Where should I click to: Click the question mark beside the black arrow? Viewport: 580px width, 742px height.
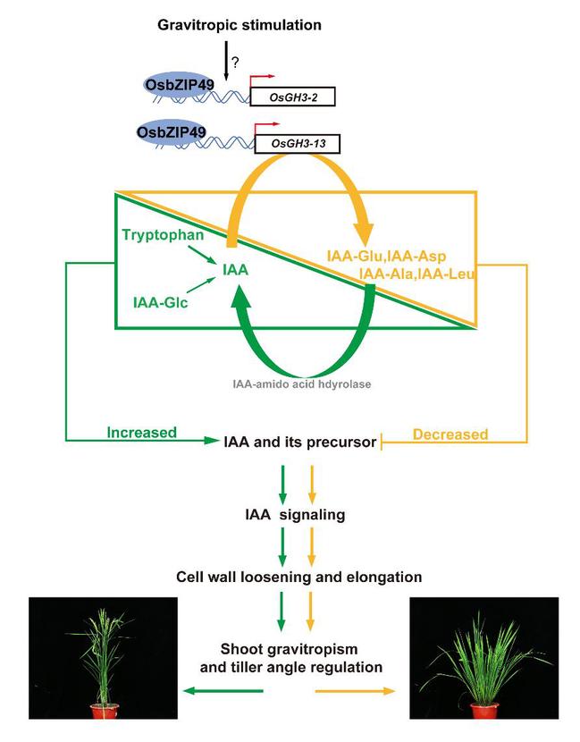237,63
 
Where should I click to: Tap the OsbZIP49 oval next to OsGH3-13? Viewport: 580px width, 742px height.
172,132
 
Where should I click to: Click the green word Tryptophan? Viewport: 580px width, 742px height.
158,233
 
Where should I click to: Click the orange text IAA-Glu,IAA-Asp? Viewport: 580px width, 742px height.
387,257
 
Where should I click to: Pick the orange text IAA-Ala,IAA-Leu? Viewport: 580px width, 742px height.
416,274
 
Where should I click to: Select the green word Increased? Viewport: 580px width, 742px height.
143,434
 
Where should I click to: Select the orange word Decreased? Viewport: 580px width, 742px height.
450,435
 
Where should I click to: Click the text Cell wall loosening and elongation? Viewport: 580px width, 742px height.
299,578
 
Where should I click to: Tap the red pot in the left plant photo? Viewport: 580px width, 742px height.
104,711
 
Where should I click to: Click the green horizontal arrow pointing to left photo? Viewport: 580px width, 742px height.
223,690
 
